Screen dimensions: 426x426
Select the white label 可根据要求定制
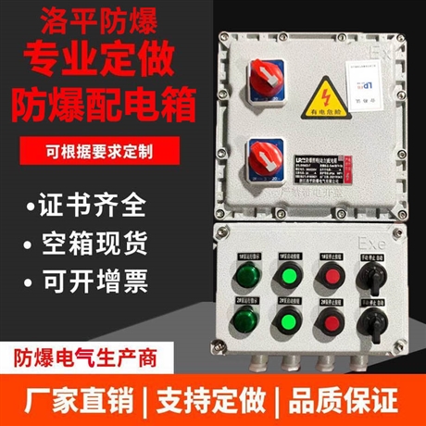pyautogui.click(x=104, y=148)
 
